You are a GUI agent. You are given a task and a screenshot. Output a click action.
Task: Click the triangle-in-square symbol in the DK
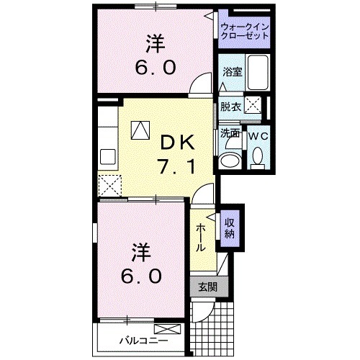tap(140, 130)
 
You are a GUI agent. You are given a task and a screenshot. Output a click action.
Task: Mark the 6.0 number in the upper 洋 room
tap(153, 70)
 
